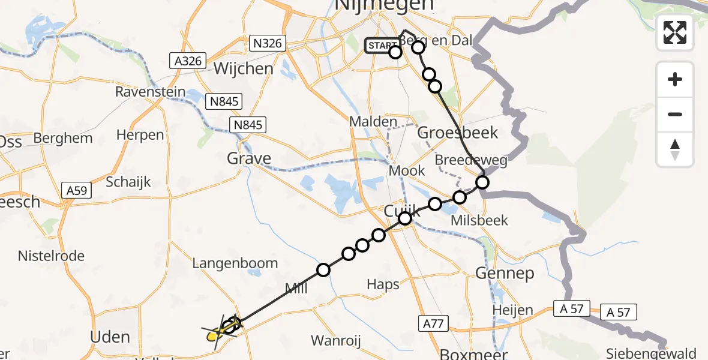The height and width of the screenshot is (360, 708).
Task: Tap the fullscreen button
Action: [x=675, y=32]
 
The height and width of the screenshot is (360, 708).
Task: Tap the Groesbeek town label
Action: [x=450, y=133]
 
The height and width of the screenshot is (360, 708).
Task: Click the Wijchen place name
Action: [x=244, y=68]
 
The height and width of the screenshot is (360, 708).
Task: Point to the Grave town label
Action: [x=248, y=158]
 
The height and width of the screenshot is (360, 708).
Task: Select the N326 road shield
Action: [x=268, y=43]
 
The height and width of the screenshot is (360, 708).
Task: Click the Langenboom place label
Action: [x=235, y=263]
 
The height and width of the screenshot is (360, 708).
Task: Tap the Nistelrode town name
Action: [x=51, y=256]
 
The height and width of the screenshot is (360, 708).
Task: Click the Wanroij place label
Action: [x=336, y=341]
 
